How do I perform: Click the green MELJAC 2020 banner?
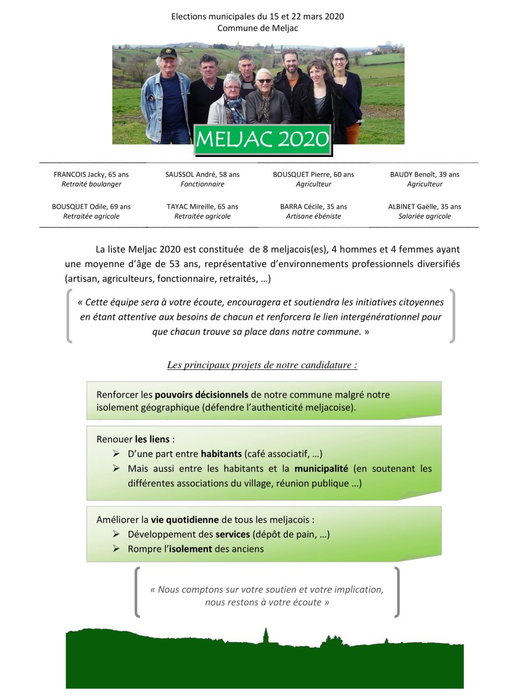[262, 139]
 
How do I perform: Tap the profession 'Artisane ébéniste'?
[313, 216]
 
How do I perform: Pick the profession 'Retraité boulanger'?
[91, 184]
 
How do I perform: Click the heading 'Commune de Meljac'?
[257, 28]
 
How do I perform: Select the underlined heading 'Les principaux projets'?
[262, 365]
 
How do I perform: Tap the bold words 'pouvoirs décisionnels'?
[202, 394]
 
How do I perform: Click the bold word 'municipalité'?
[321, 468]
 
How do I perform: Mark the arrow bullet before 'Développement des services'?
[116, 534]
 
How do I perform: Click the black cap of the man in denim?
[168, 52]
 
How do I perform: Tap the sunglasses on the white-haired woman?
[264, 80]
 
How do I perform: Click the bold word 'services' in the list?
[233, 534]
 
